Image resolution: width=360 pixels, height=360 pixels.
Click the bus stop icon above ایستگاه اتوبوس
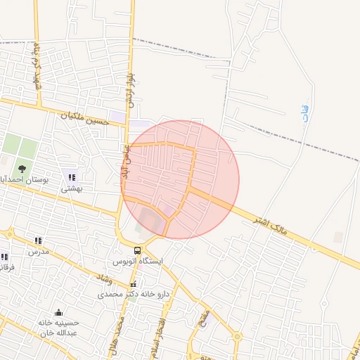click(138, 250)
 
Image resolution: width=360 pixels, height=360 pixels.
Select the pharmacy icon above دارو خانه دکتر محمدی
click(133, 284)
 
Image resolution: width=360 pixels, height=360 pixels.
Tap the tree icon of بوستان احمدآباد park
click(22, 168)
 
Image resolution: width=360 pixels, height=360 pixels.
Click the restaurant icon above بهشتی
click(71, 177)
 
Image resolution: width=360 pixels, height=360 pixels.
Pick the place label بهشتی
click(71, 188)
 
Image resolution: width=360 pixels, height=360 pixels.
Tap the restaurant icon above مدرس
click(38, 240)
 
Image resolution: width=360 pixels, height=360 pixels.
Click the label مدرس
click(38, 251)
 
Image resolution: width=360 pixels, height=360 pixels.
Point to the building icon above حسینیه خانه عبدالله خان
click(58, 312)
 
